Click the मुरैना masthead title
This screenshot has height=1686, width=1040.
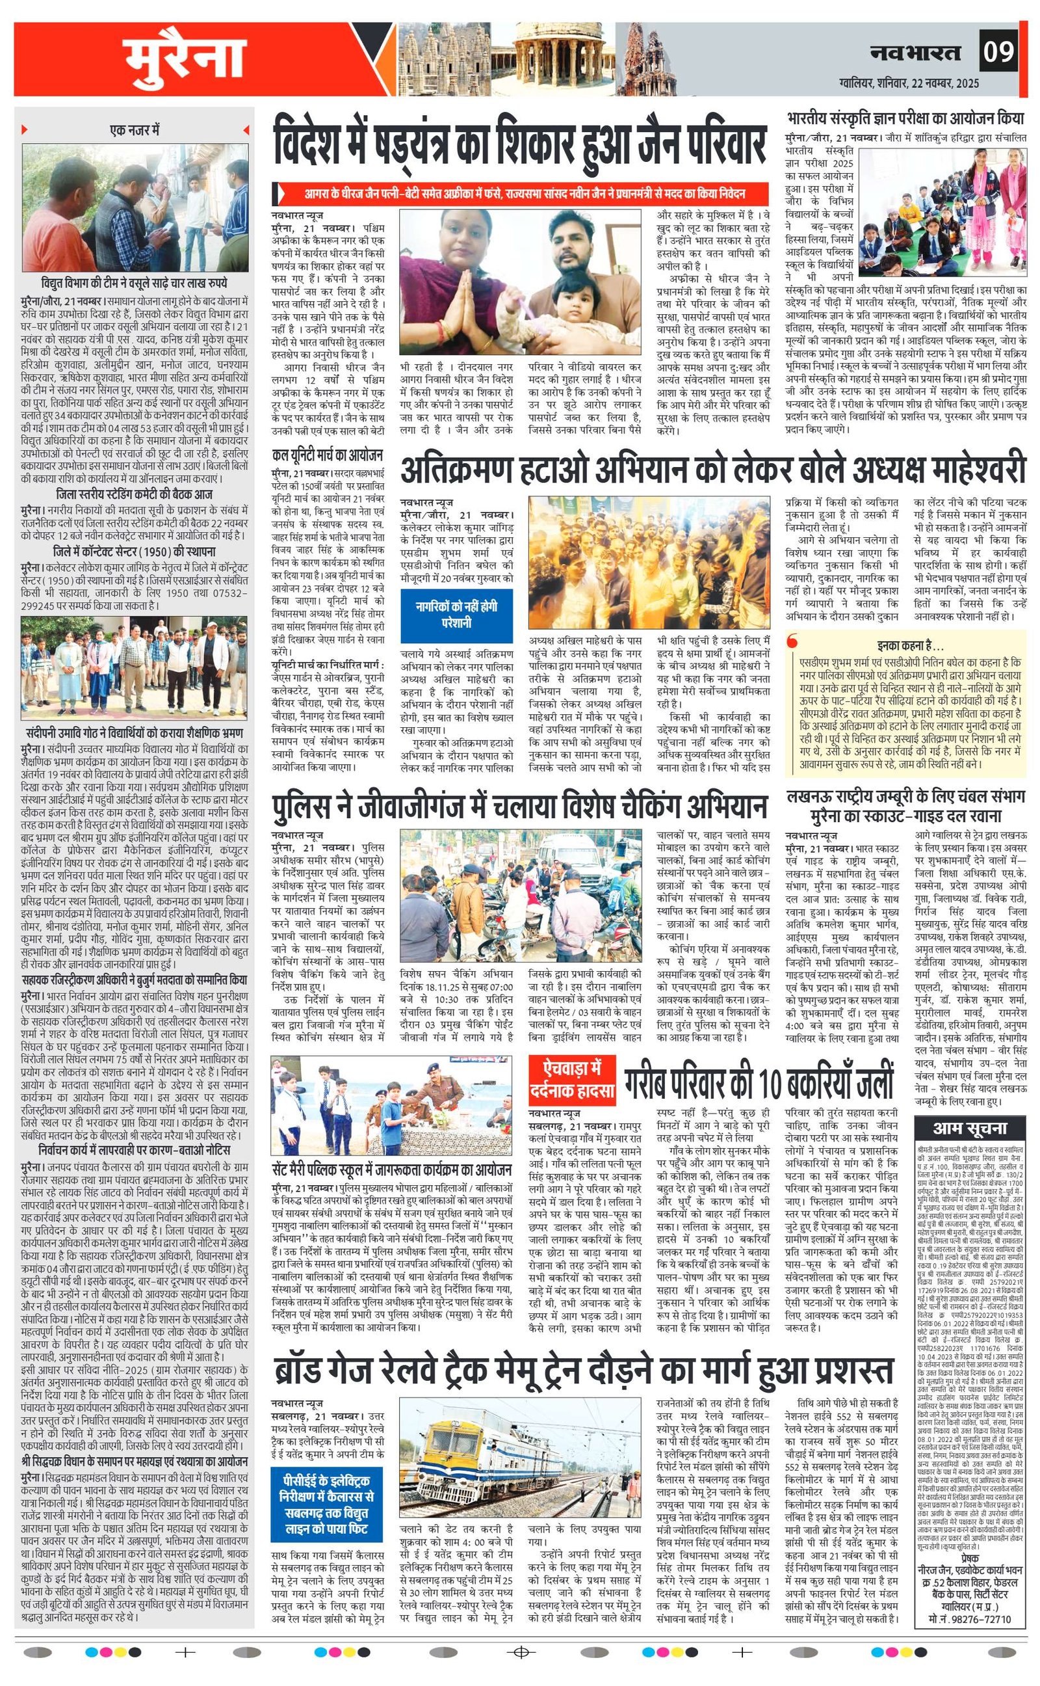185,59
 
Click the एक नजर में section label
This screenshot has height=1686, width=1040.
133,129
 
